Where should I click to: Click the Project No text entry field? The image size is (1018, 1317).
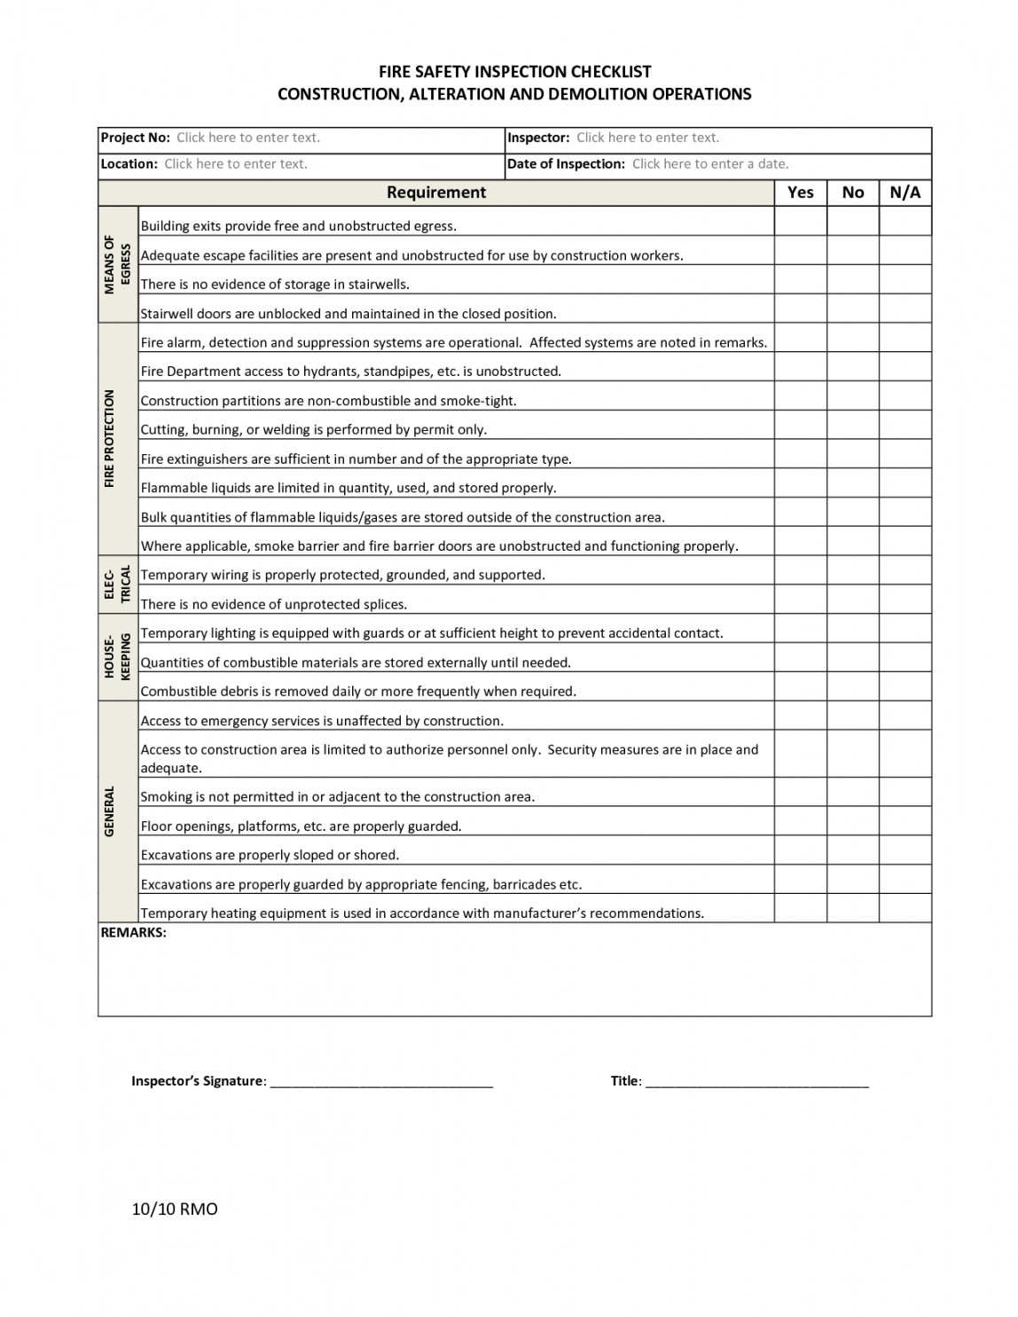[x=248, y=137]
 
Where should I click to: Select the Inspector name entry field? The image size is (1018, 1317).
[x=647, y=137]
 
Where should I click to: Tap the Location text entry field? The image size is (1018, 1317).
[x=236, y=164]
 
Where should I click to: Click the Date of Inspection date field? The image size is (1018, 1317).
[x=710, y=164]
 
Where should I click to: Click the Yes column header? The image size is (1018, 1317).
[x=801, y=192]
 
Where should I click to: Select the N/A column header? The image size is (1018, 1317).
[x=905, y=192]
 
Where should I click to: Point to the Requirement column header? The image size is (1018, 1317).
[x=436, y=192]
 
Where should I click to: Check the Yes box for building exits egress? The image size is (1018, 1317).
[x=801, y=222]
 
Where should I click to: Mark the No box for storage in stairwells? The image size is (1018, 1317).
[x=853, y=280]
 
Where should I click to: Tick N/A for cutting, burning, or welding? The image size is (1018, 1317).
[x=905, y=426]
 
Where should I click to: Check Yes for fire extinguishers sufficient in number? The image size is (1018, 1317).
[x=801, y=455]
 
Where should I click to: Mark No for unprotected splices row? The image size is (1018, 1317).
[x=853, y=600]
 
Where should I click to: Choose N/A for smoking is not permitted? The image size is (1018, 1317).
[x=905, y=793]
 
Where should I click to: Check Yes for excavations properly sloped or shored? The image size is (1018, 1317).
[x=801, y=851]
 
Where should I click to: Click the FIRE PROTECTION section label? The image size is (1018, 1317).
[x=110, y=439]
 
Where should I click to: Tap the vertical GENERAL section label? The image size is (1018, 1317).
[x=110, y=811]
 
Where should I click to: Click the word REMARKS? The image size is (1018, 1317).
[x=134, y=933]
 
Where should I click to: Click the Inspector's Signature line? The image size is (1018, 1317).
[x=381, y=1082]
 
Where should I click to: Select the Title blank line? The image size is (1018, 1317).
[x=756, y=1082]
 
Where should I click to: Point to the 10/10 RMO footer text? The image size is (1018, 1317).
[x=175, y=1210]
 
